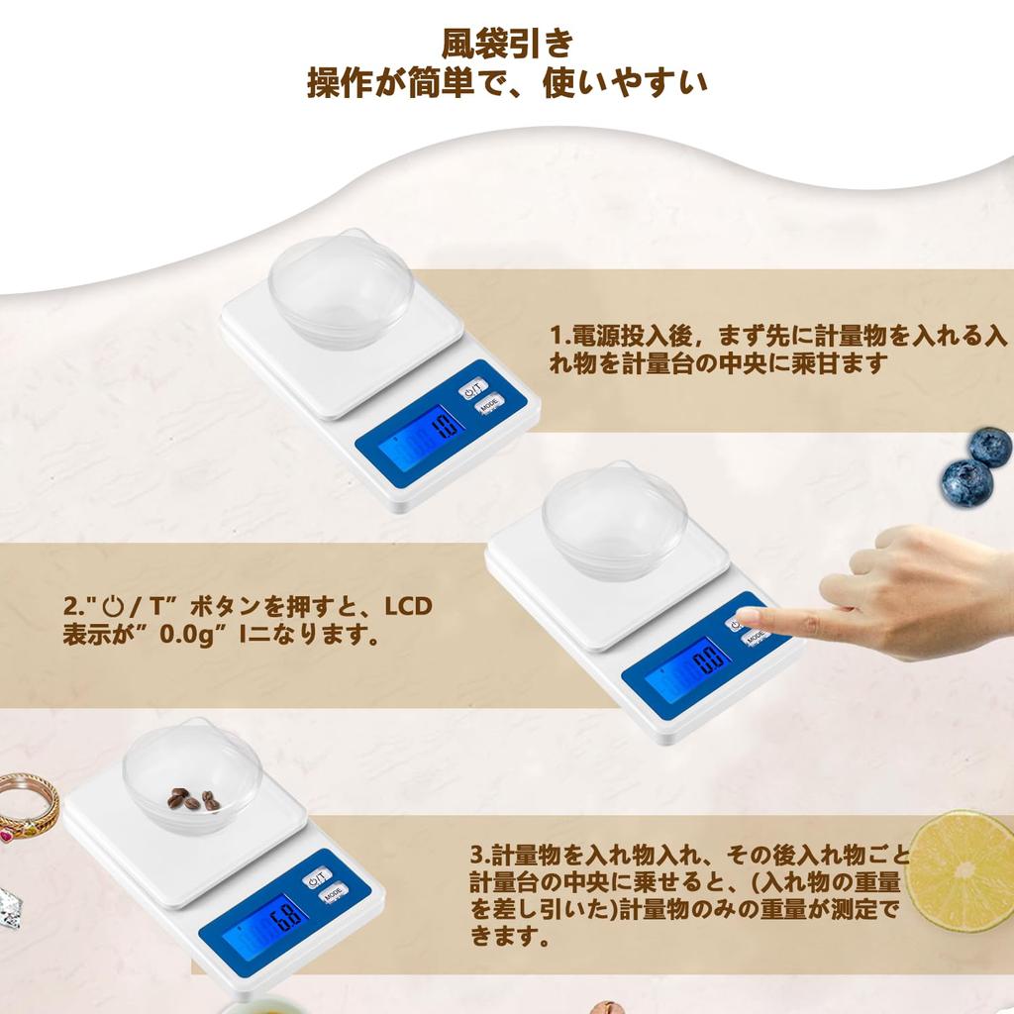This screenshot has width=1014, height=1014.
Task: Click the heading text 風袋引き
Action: (x=506, y=45)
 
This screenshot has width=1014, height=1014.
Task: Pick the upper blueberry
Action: (x=989, y=447)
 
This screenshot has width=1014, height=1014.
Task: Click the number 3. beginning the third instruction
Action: (x=479, y=855)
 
